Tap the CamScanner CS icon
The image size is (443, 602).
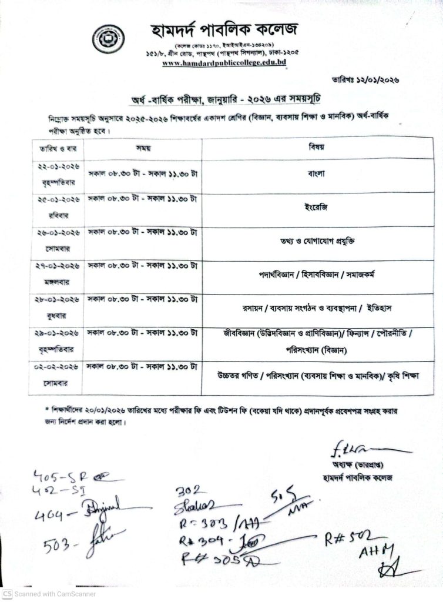coord(6,595)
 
